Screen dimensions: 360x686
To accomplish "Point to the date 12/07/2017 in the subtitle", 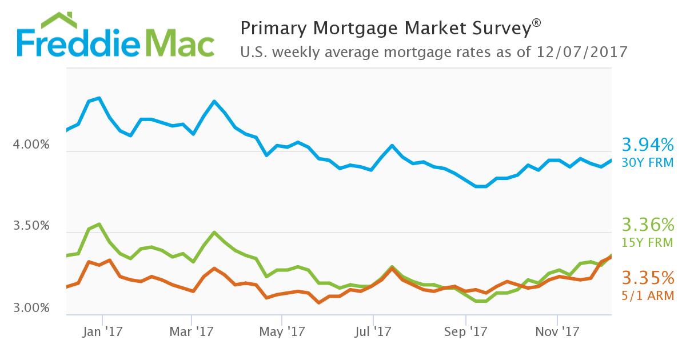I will pos(583,53).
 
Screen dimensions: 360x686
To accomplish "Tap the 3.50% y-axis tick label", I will pos(31,226).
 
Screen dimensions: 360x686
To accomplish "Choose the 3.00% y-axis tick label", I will pos(31,309).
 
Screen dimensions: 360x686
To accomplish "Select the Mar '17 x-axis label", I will pos(192,331).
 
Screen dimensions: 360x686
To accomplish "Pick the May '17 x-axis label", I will pos(282,331).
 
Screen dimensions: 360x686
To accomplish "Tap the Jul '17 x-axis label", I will pos(373,331).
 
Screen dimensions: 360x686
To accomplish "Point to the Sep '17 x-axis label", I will pos(465,331).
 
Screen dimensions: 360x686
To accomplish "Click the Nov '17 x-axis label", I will pos(557,331).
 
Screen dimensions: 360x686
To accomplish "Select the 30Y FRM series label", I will pos(648,163).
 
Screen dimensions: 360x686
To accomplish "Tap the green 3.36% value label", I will pos(648,224).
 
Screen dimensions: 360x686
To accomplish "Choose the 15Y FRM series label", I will pos(648,242).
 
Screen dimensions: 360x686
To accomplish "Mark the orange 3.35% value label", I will pos(648,278).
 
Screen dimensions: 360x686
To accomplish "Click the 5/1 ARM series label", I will pos(648,296).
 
